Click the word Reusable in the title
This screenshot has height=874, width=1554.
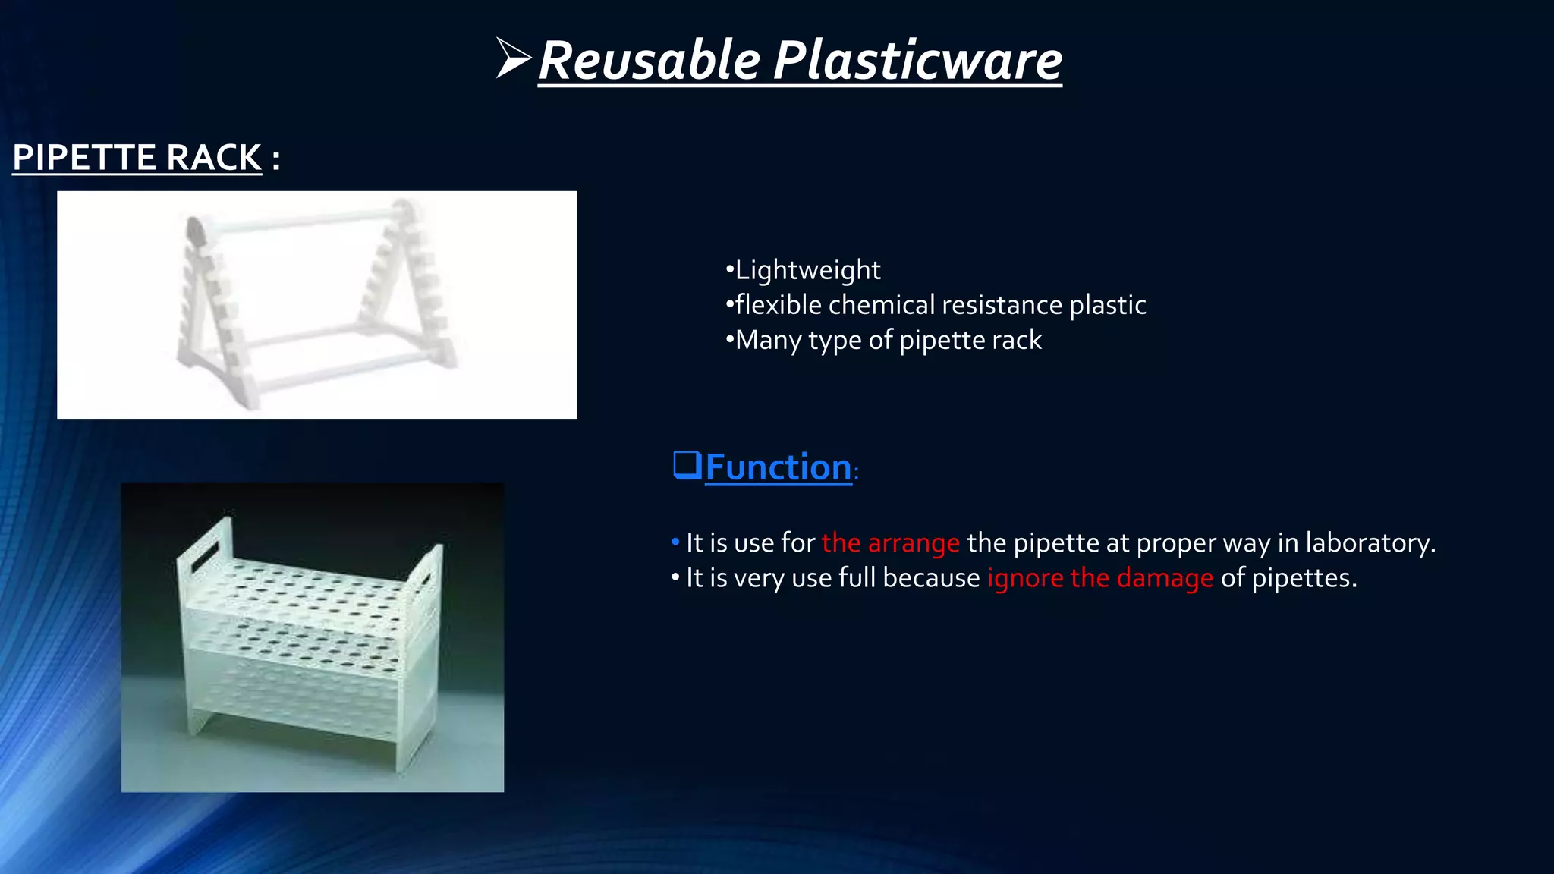tap(650, 61)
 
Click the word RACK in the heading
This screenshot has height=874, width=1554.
tap(214, 158)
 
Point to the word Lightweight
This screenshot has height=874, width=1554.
tap(807, 270)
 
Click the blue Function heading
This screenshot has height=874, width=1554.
tap(779, 467)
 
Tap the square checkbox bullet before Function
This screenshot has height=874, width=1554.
tap(687, 464)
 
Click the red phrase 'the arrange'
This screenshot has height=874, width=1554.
tap(890, 543)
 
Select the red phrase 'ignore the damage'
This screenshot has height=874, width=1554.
tap(1099, 578)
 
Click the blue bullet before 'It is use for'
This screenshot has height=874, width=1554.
tap(675, 543)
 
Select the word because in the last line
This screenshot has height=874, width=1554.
tap(931, 578)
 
